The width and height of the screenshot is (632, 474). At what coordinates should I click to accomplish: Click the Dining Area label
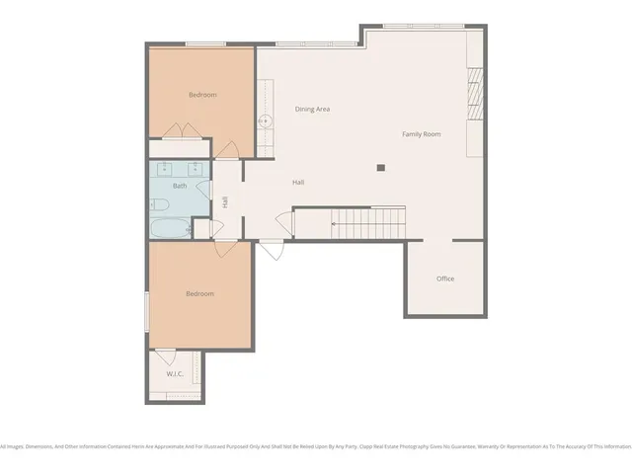tap(312, 109)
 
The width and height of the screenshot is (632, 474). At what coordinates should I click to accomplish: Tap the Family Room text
tap(421, 133)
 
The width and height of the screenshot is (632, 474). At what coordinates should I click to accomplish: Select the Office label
tap(445, 278)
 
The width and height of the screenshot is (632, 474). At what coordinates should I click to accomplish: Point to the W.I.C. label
tap(176, 374)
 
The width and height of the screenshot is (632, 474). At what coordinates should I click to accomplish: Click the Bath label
tap(180, 186)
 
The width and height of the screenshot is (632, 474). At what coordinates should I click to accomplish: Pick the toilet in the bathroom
tap(160, 204)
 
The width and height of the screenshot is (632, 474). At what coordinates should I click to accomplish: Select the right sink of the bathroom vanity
tap(196, 166)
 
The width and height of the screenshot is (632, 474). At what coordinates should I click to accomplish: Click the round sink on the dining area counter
tap(265, 122)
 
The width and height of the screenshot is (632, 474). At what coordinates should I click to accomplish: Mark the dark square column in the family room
tap(380, 168)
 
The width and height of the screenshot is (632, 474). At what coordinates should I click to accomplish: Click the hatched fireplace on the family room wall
tap(474, 94)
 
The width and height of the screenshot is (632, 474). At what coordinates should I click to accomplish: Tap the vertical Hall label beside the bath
tap(226, 201)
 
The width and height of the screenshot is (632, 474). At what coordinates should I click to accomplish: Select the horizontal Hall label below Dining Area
tap(298, 183)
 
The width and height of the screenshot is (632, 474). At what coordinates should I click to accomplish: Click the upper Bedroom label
tap(202, 95)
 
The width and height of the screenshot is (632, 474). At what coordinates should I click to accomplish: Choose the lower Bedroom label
tap(200, 294)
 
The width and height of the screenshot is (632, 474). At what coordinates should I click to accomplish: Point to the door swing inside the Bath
tap(201, 190)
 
